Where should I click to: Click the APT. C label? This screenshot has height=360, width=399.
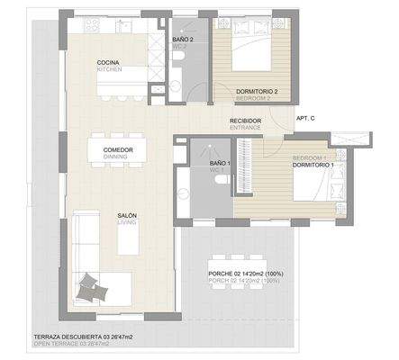pos(305,117)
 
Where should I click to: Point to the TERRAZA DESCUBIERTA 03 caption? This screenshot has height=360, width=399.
pos(83,338)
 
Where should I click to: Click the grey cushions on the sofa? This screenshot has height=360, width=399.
pos(90,286)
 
